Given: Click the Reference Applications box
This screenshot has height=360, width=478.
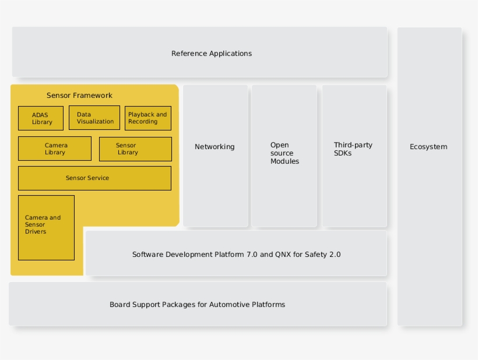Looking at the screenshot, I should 199,52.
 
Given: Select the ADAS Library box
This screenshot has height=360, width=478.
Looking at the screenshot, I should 41,118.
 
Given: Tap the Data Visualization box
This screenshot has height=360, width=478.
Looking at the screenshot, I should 94,118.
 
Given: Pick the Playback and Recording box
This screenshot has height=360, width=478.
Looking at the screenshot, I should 148,118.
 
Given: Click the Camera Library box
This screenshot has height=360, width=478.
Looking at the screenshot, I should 55,149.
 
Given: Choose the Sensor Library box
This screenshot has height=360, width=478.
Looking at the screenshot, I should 135,149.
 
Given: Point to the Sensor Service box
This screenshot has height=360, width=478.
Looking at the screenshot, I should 94,178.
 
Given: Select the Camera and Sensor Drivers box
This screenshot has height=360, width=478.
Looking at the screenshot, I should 46,228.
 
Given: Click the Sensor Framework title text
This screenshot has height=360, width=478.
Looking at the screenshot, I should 79,96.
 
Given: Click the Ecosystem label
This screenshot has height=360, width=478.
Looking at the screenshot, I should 428,147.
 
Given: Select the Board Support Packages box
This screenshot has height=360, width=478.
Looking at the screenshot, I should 198,304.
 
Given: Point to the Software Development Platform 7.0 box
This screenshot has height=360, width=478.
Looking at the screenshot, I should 236,254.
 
